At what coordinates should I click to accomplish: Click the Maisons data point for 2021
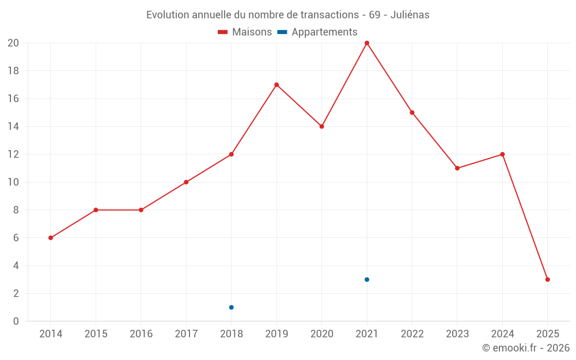tap(367, 43)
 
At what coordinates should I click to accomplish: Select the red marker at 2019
tap(276, 85)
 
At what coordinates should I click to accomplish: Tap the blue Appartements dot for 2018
tap(231, 307)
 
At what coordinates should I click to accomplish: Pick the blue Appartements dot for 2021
tap(367, 279)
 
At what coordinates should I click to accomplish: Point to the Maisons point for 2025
tap(547, 279)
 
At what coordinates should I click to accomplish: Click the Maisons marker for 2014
tap(51, 238)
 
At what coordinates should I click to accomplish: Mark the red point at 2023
tap(457, 168)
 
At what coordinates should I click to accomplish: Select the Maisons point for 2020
tap(321, 126)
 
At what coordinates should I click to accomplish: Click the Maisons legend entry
tap(245, 32)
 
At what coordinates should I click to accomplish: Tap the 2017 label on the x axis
tap(186, 334)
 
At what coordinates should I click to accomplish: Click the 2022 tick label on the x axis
tap(412, 334)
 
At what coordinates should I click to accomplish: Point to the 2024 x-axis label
tap(502, 334)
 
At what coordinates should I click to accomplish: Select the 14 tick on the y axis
tap(13, 126)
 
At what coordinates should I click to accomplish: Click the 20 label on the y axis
tap(13, 43)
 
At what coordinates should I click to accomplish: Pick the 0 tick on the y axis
tap(16, 321)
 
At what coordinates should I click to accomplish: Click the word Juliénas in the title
tap(410, 15)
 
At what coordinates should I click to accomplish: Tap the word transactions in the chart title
tap(330, 15)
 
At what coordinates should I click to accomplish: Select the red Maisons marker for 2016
tap(141, 210)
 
